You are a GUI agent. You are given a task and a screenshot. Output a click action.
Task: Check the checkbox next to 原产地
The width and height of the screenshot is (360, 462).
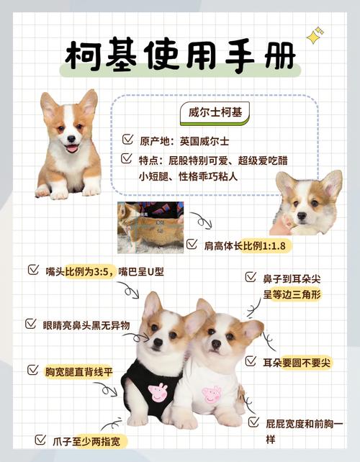[x=127, y=137]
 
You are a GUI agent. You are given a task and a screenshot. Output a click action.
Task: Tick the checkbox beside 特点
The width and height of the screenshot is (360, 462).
[x=127, y=158]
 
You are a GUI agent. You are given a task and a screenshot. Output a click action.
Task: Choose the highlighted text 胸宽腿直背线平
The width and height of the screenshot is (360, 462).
[x=79, y=371]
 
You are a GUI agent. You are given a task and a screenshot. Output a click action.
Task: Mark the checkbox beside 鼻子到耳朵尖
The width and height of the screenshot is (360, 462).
[x=250, y=276]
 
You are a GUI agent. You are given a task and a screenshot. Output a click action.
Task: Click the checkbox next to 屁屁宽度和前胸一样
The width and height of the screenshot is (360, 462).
[x=253, y=422]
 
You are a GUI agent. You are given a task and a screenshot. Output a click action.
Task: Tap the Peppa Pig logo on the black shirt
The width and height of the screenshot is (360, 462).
[x=158, y=393]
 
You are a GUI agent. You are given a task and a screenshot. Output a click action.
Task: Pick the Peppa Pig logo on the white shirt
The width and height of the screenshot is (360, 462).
[x=211, y=395]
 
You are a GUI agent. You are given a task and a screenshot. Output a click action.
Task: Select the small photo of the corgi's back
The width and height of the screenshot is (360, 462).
[x=150, y=227]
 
